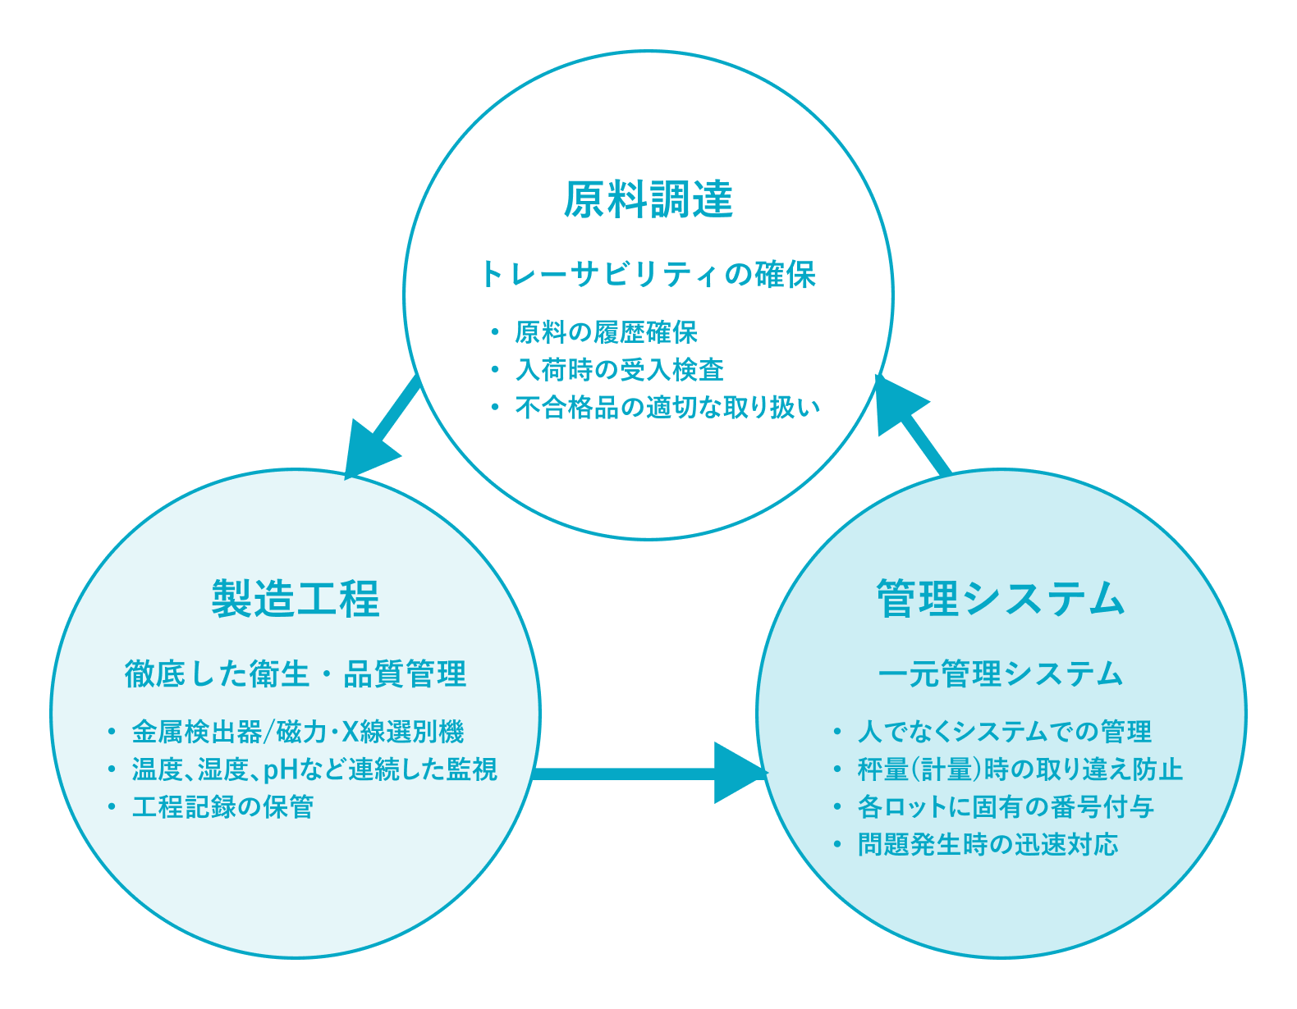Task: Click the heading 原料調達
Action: [648, 199]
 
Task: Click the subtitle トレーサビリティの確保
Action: [648, 274]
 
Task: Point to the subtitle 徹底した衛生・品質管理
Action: [296, 673]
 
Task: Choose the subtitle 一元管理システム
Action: [1000, 673]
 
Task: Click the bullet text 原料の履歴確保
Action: [606, 332]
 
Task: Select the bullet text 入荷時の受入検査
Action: [619, 370]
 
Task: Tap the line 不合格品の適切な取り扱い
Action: [667, 408]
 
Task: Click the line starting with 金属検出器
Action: [297, 732]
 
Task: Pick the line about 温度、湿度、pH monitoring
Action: [314, 769]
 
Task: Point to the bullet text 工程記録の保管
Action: [222, 807]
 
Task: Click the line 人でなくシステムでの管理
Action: [1004, 732]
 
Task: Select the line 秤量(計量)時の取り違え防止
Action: [1020, 769]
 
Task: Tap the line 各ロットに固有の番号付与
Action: [1006, 807]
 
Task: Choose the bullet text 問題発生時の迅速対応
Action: [988, 845]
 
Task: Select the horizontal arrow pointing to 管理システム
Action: [648, 773]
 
